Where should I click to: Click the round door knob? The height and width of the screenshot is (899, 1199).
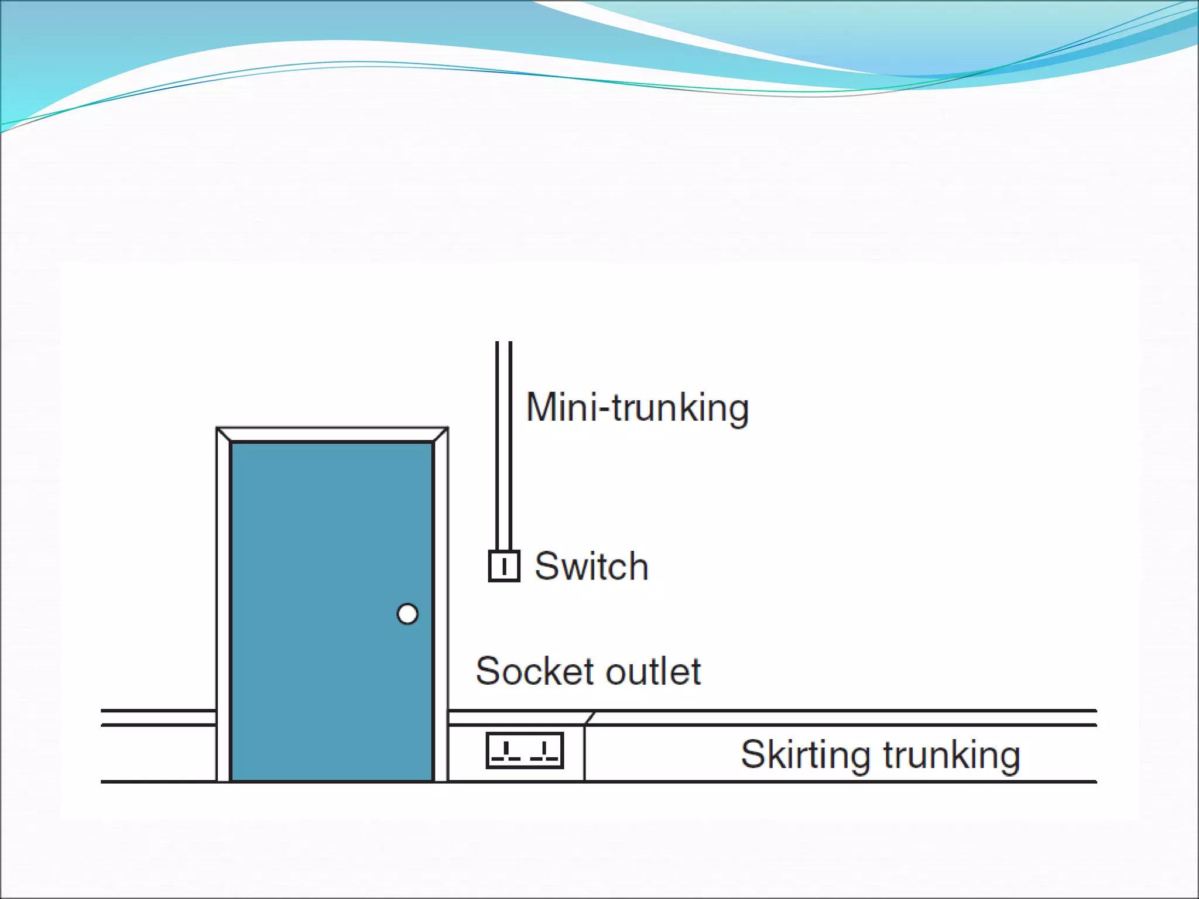[x=407, y=614]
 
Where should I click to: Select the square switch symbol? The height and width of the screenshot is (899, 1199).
[x=504, y=566]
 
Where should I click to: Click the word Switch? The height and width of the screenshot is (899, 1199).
[x=591, y=567]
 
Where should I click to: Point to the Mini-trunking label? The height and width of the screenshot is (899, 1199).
[x=637, y=408]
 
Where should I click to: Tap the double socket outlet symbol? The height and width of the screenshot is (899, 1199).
[x=525, y=750]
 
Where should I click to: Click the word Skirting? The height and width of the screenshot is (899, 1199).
[x=807, y=754]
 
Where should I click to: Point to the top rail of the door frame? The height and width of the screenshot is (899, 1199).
[x=332, y=434]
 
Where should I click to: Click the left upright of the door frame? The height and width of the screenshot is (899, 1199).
[x=223, y=609]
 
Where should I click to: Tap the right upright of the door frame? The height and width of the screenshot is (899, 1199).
[x=441, y=609]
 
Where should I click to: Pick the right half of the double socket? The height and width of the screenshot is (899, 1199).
[x=544, y=750]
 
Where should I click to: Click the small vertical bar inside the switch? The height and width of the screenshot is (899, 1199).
[x=504, y=567]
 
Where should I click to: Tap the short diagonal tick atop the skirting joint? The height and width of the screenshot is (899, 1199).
[x=590, y=718]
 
